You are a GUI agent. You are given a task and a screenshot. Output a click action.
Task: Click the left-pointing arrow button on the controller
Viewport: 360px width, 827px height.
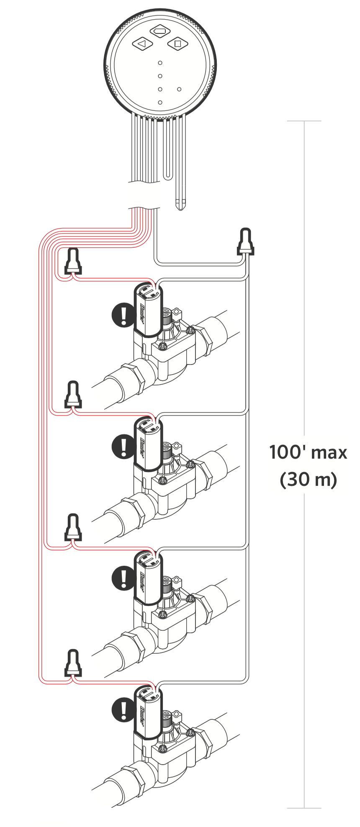[142, 43]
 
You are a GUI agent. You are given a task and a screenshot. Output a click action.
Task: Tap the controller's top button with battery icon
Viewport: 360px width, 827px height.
[160, 31]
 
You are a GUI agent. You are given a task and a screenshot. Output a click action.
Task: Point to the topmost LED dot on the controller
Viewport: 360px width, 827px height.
[160, 63]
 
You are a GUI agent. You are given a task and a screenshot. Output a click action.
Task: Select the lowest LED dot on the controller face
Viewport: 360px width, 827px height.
[160, 102]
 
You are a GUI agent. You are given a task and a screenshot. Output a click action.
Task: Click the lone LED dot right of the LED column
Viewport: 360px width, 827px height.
[179, 89]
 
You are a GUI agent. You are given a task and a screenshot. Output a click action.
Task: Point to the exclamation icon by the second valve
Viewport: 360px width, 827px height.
[123, 447]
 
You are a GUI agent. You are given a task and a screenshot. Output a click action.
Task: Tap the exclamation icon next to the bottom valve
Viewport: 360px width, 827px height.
[123, 710]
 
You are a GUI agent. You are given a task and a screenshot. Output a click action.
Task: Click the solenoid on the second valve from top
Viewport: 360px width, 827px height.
[148, 444]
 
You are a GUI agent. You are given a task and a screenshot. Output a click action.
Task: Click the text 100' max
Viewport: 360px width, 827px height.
[308, 452]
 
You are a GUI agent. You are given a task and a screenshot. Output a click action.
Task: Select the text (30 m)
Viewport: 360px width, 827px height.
[308, 479]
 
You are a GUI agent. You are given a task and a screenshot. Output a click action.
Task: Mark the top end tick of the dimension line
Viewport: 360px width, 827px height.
[304, 121]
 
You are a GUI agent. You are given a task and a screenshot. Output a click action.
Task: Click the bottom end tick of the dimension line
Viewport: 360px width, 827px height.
[304, 808]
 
